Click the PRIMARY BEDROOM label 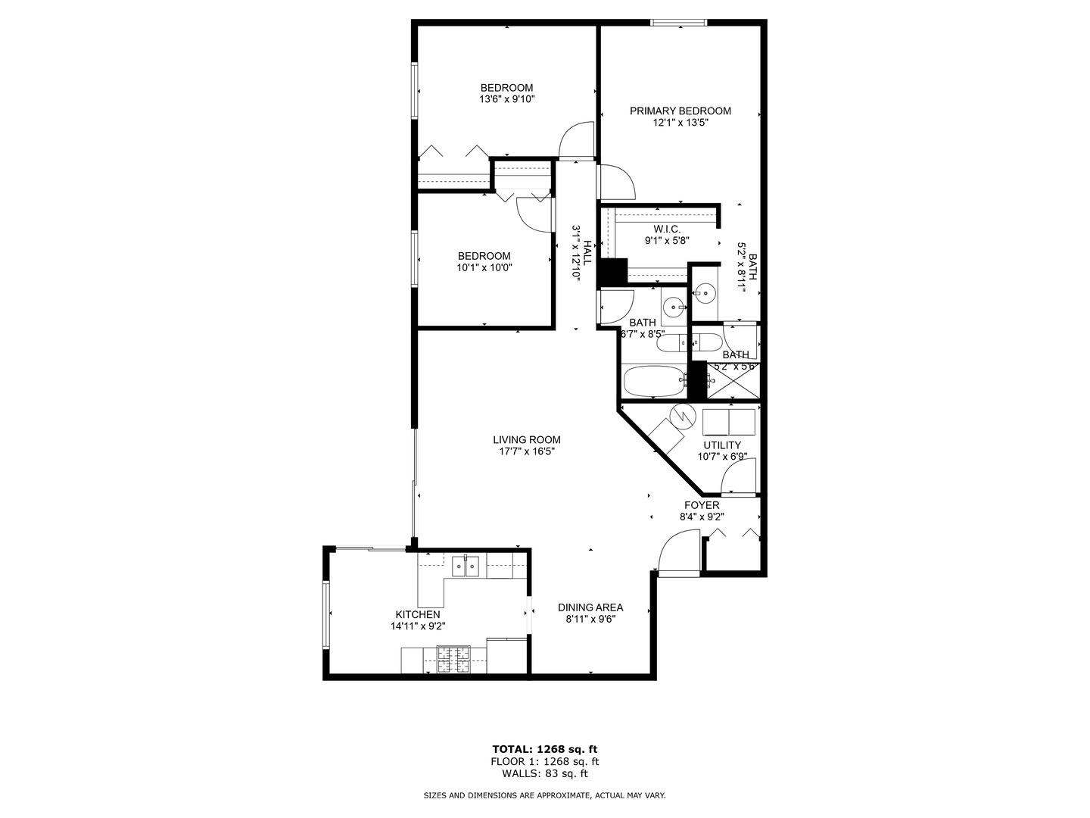[x=680, y=111]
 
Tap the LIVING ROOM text [x=527, y=440]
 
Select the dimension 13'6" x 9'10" [x=506, y=99]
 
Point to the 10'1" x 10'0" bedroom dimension [x=484, y=267]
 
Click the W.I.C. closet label [x=667, y=229]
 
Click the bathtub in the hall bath [x=653, y=382]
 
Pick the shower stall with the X [x=733, y=380]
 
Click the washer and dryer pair [x=729, y=421]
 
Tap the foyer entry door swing [x=678, y=551]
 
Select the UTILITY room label [x=722, y=445]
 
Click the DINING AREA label [x=590, y=607]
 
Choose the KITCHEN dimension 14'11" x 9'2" [x=417, y=626]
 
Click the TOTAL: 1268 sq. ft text [x=544, y=749]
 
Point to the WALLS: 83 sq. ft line [x=544, y=773]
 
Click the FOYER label [x=702, y=506]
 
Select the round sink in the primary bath [x=705, y=292]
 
